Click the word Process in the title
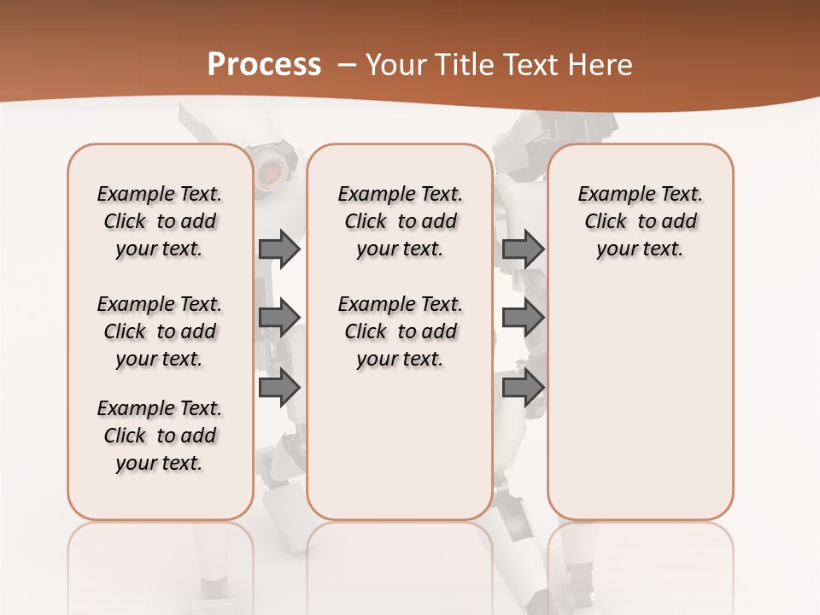pos(264,65)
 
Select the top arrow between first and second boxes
pos(279,249)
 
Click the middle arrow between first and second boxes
pos(279,318)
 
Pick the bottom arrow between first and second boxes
pos(279,388)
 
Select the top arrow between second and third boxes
pos(523,249)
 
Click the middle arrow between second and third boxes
pos(523,318)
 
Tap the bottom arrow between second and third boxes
pos(523,388)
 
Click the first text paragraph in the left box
pos(160,221)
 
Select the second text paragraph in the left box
pos(160,331)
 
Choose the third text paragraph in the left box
pos(160,436)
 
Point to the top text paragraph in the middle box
pos(400,221)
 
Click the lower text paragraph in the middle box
pos(400,331)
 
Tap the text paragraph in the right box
pos(640,221)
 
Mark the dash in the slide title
pos(347,65)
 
